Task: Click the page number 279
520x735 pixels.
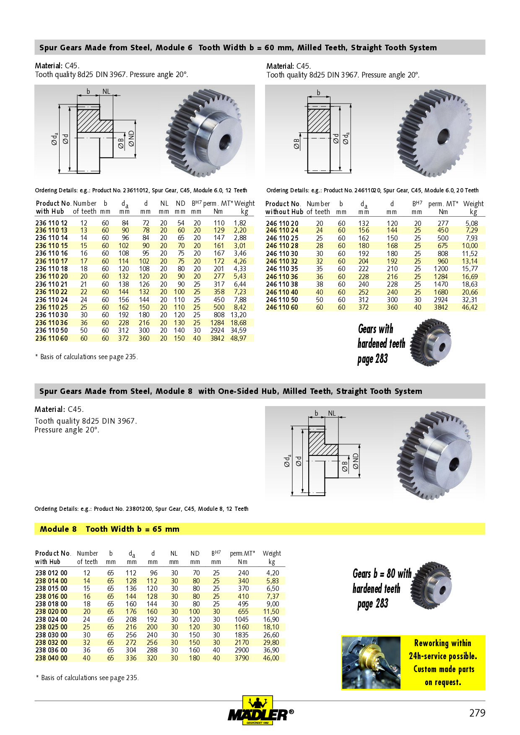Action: [x=477, y=713]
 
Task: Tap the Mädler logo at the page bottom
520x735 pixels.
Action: [x=260, y=711]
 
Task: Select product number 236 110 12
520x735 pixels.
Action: [x=51, y=223]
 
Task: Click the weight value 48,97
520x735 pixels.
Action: [x=238, y=338]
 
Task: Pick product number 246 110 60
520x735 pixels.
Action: [x=282, y=307]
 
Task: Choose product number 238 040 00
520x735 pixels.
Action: [x=51, y=658]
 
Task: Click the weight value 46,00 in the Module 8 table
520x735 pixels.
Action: [x=271, y=658]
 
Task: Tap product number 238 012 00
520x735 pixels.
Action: [x=51, y=573]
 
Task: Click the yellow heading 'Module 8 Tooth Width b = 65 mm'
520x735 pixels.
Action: [x=109, y=529]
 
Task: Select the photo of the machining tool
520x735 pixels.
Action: [x=371, y=663]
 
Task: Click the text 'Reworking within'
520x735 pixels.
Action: [x=442, y=643]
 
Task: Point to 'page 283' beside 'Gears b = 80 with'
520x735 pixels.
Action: [x=373, y=604]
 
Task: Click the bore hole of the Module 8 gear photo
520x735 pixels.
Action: [x=454, y=464]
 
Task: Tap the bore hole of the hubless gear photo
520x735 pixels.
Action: [x=443, y=136]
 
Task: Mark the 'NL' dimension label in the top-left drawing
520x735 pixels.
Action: [x=106, y=91]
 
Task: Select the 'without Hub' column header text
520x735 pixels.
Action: [x=284, y=212]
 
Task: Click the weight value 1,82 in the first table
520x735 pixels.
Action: [x=240, y=223]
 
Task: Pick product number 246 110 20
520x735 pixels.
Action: [x=282, y=223]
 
